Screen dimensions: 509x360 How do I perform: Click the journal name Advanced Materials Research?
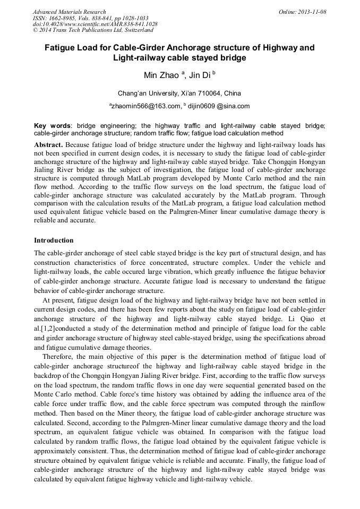pyautogui.click(x=69, y=12)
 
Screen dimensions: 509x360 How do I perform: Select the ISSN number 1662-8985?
pyautogui.click(x=62, y=18)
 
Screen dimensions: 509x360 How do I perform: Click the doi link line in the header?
pyautogui.click(x=95, y=24)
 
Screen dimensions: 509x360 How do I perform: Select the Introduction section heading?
pyautogui.click(x=54, y=240)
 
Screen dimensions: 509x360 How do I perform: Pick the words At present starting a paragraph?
pyautogui.click(x=57, y=300)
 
